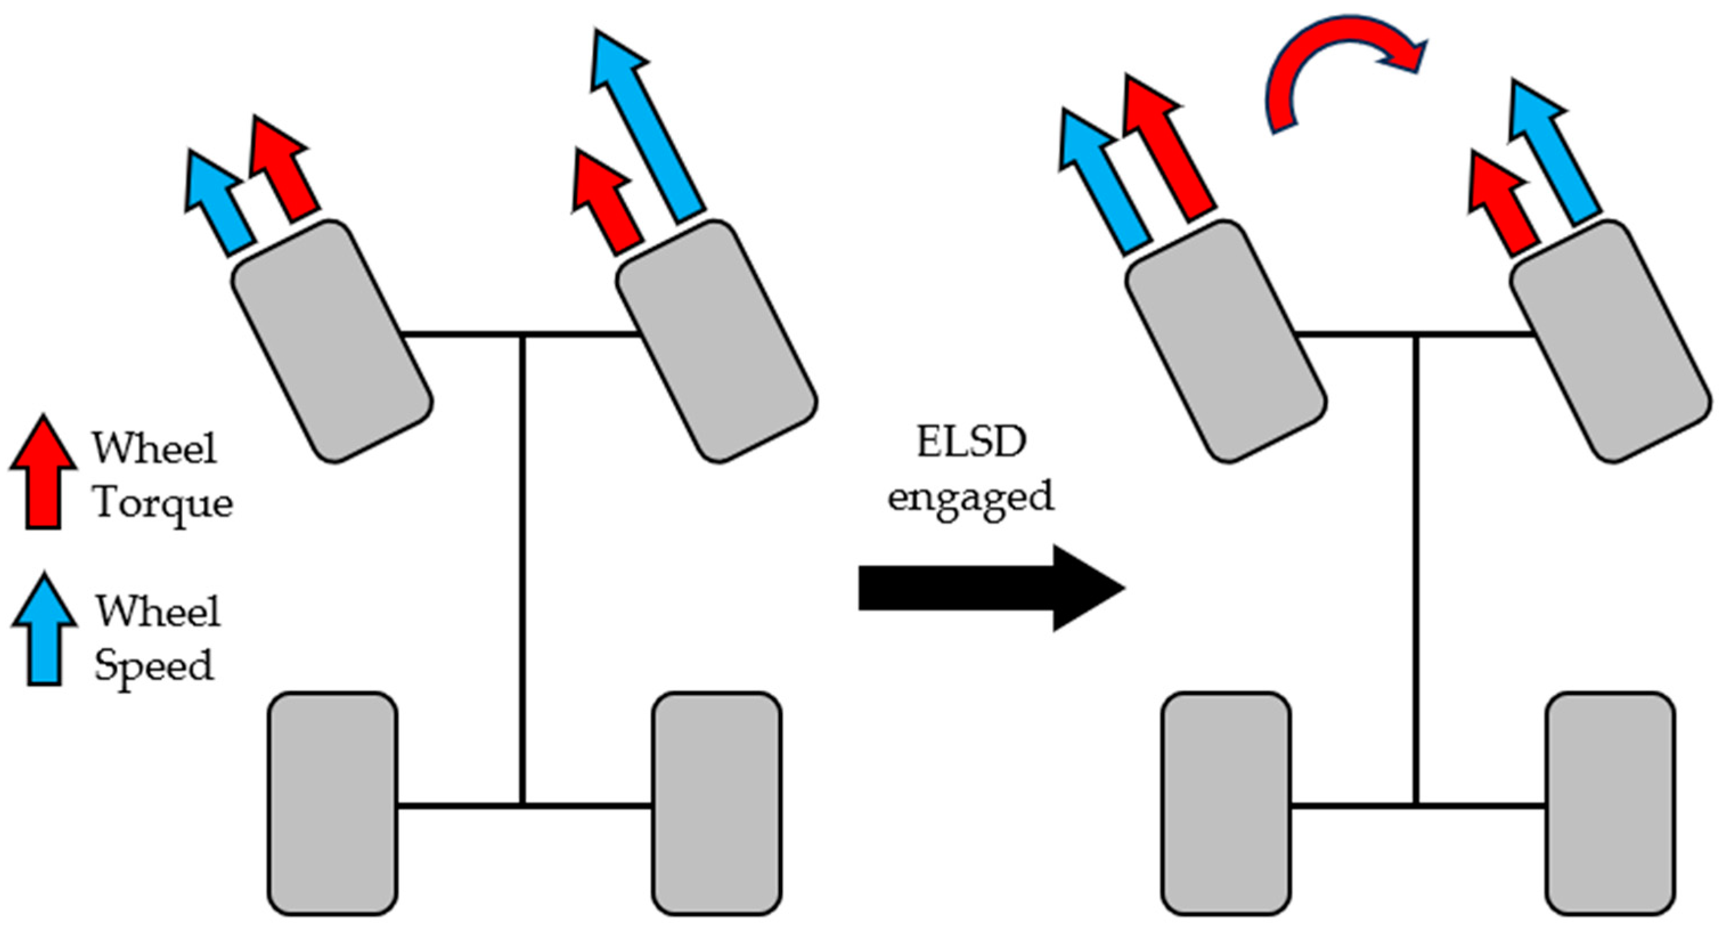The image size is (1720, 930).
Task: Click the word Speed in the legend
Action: click(154, 665)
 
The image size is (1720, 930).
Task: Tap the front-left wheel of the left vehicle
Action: click(332, 341)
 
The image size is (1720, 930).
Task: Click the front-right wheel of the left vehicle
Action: click(716, 341)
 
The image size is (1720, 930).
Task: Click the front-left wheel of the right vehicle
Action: click(1226, 341)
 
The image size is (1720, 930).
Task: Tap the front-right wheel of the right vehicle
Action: click(1611, 341)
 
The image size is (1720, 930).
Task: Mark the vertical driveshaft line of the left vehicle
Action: click(522, 567)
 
